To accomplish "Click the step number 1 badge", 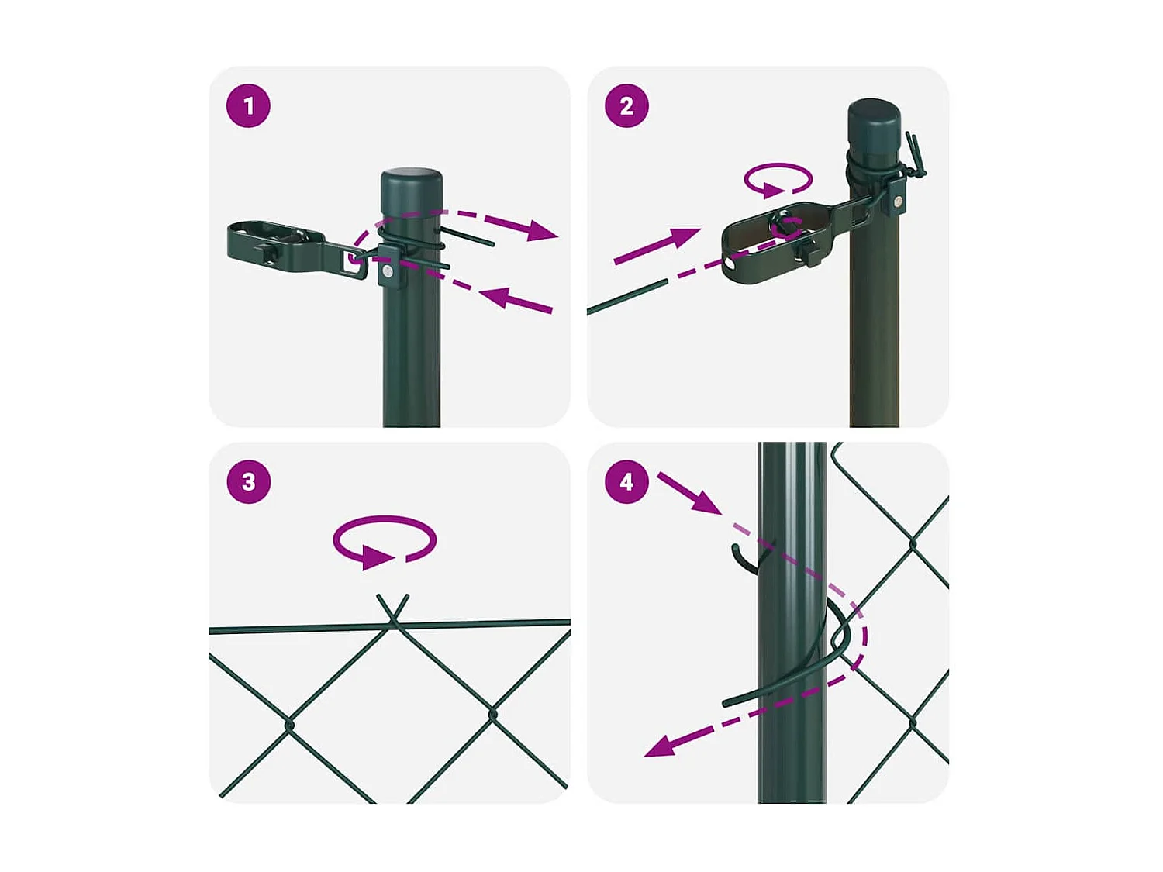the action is [248, 106].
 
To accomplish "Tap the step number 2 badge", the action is [626, 106].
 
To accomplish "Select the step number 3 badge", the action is [248, 482].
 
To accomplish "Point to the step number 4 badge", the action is [626, 482].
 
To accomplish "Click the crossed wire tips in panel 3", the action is [392, 609].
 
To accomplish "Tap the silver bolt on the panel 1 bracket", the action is [388, 273].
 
